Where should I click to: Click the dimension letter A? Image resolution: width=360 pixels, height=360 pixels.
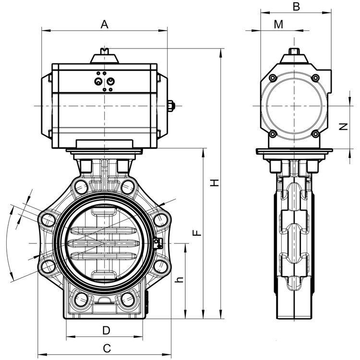click(105, 24)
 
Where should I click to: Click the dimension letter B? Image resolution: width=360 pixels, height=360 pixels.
click(297, 6)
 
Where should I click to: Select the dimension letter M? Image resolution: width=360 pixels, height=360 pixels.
click(278, 24)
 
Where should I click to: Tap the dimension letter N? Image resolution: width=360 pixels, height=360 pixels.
click(344, 127)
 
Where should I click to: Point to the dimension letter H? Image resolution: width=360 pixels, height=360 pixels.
click(215, 183)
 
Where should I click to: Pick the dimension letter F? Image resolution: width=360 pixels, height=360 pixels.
click(197, 233)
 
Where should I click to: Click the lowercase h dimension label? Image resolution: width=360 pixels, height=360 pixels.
click(180, 279)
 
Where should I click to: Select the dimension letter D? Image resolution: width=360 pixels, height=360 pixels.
click(106, 330)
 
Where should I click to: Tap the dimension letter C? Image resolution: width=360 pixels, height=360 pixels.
click(107, 348)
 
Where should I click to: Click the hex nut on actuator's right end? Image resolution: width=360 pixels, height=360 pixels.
click(171, 106)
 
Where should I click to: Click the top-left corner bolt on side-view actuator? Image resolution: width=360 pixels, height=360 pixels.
click(273, 78)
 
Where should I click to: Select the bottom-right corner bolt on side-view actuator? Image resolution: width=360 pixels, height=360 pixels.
click(316, 134)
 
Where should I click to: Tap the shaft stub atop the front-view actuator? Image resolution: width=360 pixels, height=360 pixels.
click(105, 51)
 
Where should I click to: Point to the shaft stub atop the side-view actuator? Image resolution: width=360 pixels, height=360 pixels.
click(294, 51)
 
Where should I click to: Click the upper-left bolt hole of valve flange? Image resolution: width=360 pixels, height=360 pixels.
click(81, 186)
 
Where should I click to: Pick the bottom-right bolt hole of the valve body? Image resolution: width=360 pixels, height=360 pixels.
click(128, 300)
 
